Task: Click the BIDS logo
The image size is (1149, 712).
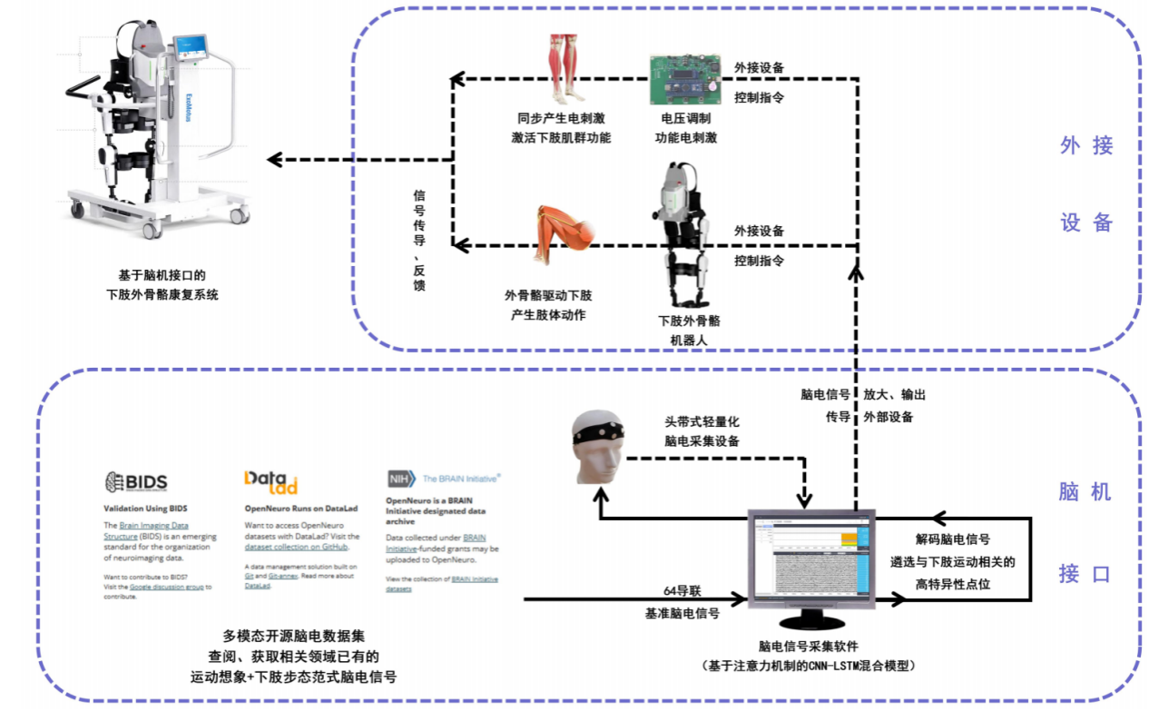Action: click(x=136, y=481)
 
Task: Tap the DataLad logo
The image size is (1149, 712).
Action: click(x=270, y=481)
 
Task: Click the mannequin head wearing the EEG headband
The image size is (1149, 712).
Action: click(x=599, y=445)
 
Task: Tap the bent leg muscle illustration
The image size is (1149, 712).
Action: click(x=565, y=234)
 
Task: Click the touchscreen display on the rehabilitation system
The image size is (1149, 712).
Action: click(x=191, y=46)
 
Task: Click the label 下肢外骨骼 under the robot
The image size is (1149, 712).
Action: click(x=689, y=321)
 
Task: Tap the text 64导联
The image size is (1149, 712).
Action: click(x=682, y=592)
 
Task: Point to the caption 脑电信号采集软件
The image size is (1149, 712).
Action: click(x=810, y=647)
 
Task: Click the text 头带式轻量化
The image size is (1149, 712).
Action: click(x=702, y=422)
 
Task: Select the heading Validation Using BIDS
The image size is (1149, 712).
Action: click(x=145, y=509)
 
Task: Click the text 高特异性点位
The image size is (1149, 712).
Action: click(x=952, y=584)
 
